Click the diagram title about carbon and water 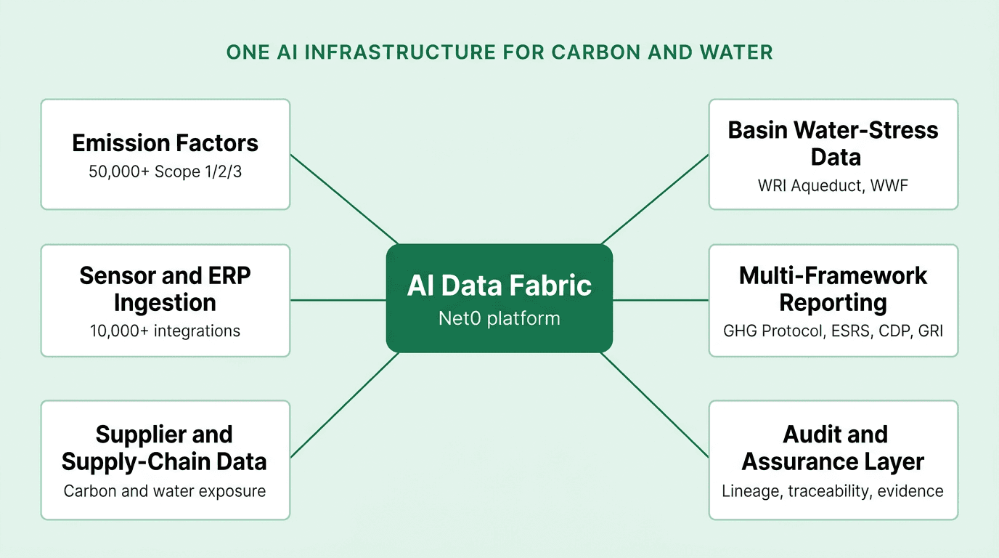[x=499, y=52]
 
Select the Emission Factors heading [x=165, y=143]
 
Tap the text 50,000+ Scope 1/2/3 [x=165, y=173]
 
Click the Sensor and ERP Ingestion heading [x=165, y=289]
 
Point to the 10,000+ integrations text [x=165, y=331]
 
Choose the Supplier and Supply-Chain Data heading [x=164, y=448]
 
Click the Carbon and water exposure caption [x=165, y=491]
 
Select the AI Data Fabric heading [x=499, y=286]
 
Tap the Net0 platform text [x=499, y=318]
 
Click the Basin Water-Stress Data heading [x=833, y=144]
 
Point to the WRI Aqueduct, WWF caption [x=833, y=186]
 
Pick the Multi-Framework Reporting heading [x=833, y=289]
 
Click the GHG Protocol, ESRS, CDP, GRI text [x=833, y=331]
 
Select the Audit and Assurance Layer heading [x=833, y=448]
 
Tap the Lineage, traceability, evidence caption [x=833, y=491]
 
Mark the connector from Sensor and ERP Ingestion [x=338, y=299]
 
